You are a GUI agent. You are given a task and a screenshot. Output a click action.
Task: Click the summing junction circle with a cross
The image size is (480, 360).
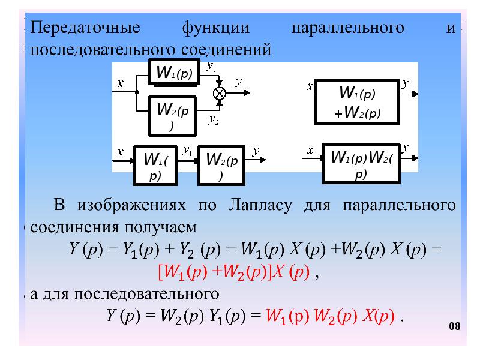(220, 93)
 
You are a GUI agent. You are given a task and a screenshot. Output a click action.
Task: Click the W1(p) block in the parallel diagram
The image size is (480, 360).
(174, 73)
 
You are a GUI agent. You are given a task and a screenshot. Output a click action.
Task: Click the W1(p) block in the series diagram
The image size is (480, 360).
(155, 165)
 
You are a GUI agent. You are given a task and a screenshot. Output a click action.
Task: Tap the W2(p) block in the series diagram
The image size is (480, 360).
(221, 165)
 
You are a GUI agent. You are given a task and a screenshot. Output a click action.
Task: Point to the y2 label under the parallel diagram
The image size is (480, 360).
(213, 120)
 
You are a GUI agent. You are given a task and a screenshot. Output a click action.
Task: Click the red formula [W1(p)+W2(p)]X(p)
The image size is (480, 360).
(233, 272)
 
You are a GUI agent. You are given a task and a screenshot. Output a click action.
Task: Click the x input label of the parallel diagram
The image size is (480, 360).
(120, 83)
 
